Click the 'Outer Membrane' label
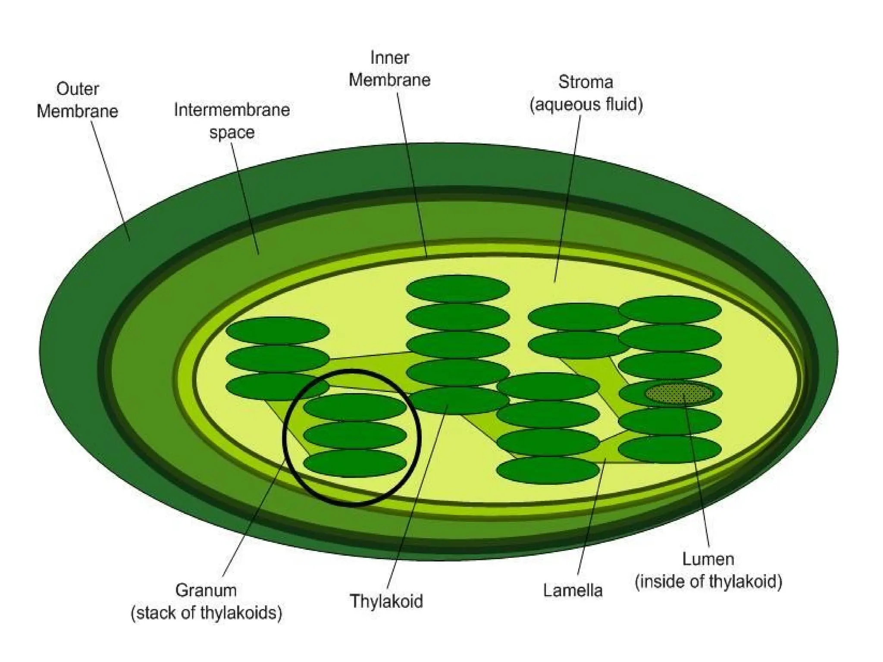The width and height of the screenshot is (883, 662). (x=77, y=100)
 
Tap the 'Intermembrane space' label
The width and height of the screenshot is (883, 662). (x=232, y=121)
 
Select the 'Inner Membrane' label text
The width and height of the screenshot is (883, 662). (x=389, y=69)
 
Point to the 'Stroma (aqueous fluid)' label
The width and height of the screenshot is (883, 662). (x=586, y=93)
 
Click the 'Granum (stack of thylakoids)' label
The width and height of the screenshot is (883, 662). (x=206, y=601)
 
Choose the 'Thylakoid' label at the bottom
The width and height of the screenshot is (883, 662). (x=386, y=600)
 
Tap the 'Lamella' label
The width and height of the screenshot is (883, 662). (x=573, y=590)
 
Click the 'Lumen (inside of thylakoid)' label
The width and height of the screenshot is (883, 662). (x=708, y=570)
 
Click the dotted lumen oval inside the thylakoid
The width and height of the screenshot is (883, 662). (x=678, y=393)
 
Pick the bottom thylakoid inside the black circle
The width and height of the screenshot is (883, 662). (x=355, y=463)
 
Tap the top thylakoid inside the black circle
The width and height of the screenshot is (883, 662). (x=355, y=407)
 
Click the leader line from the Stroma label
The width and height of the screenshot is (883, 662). (x=567, y=198)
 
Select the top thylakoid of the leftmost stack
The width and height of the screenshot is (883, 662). (x=278, y=331)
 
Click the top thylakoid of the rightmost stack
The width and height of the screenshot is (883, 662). (x=670, y=309)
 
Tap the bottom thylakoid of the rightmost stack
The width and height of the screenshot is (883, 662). (x=670, y=449)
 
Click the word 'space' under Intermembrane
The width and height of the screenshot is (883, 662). (x=232, y=132)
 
